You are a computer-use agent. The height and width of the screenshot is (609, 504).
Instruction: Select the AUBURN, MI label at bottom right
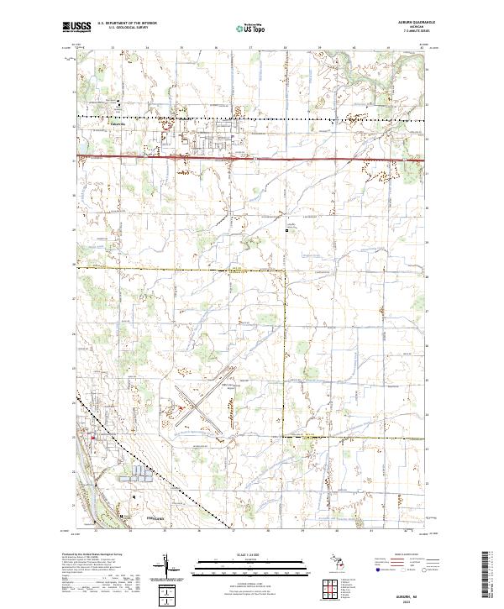tap(407, 591)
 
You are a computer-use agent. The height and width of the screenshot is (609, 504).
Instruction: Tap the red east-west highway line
tap(252, 158)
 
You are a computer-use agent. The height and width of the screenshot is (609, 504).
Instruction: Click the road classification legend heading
tap(407, 555)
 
